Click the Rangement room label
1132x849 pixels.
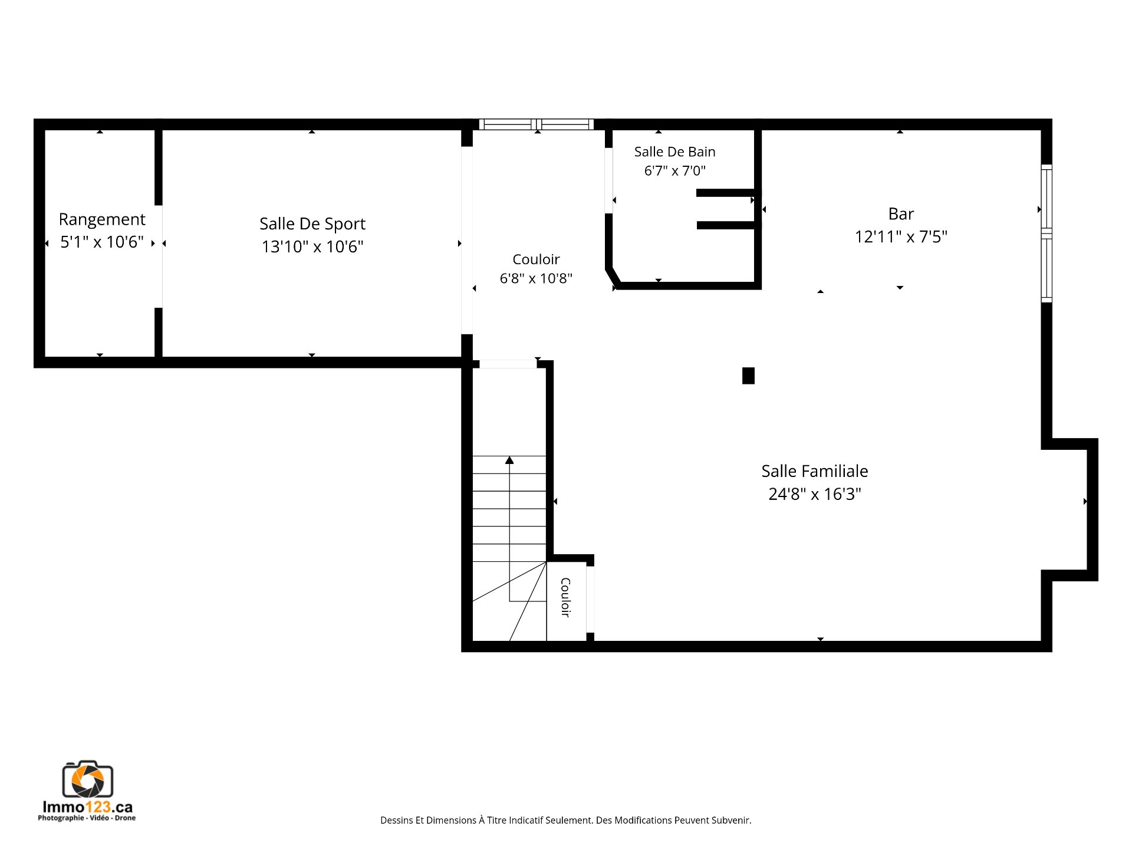coord(102,220)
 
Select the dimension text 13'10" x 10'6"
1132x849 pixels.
coord(312,246)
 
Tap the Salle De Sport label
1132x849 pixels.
coord(312,224)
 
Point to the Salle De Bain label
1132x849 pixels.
coord(675,152)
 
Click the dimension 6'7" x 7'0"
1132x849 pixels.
coord(675,171)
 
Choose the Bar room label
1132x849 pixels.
coord(901,213)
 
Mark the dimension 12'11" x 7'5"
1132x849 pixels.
coord(901,237)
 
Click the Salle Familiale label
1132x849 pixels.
coord(815,471)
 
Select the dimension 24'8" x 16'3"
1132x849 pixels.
coord(815,494)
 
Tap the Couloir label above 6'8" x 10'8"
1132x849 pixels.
coord(536,259)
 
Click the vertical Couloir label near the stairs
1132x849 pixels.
coord(565,597)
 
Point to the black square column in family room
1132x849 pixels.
coord(748,376)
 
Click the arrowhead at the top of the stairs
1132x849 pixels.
coord(509,460)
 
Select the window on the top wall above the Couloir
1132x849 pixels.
coord(536,124)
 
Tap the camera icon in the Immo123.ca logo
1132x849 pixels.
coord(88,779)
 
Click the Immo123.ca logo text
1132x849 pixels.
coord(88,807)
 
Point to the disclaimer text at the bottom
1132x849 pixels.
coord(566,820)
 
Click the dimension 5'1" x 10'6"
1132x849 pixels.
coord(102,242)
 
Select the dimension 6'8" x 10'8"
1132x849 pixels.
coord(536,278)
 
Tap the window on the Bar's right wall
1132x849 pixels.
coord(1047,233)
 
